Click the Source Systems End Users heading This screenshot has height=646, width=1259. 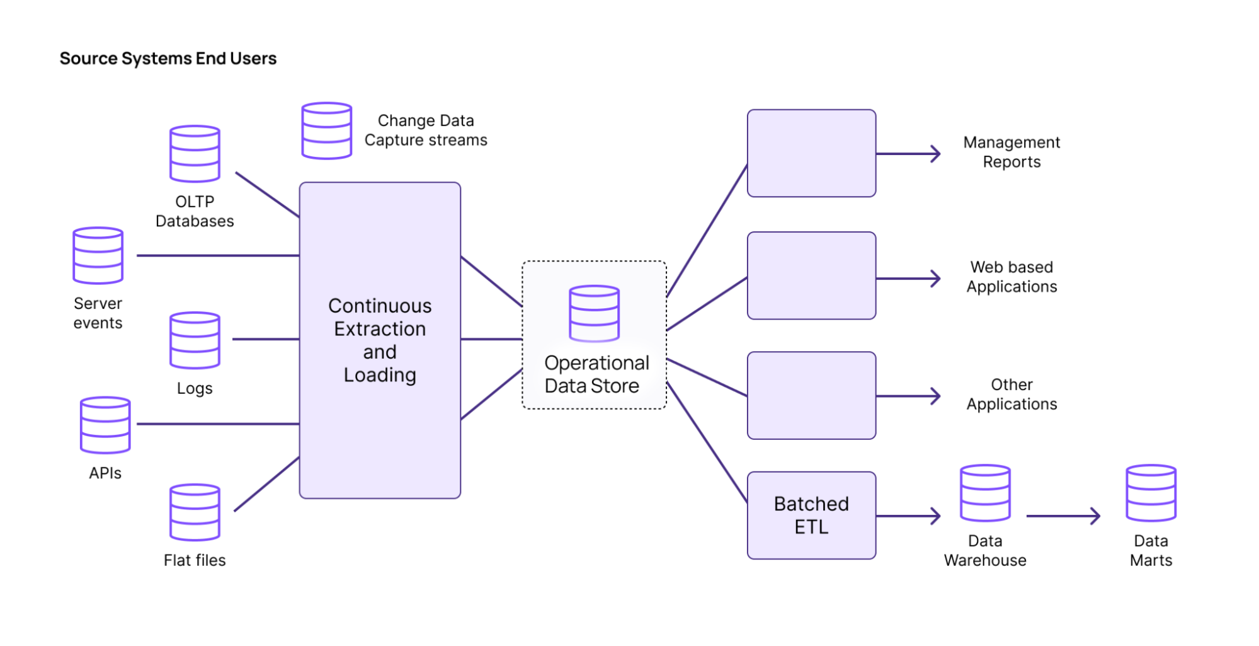[x=168, y=59]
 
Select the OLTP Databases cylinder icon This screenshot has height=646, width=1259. [x=195, y=154]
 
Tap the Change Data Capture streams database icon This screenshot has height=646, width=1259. [x=326, y=130]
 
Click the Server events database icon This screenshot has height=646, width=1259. [x=98, y=255]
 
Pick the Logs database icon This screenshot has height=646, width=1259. [x=195, y=340]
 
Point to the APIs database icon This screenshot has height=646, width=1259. [x=105, y=425]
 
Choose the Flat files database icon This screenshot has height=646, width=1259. [x=195, y=512]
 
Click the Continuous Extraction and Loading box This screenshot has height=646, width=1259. [x=380, y=340]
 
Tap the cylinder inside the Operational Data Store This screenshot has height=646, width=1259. [x=593, y=313]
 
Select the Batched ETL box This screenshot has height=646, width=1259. [x=811, y=515]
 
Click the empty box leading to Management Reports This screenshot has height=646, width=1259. [x=811, y=153]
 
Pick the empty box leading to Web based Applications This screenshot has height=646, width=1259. [x=811, y=275]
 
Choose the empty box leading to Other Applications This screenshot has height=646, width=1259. [x=811, y=395]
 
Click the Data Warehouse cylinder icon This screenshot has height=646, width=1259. [x=985, y=493]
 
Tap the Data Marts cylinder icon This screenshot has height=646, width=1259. [x=1151, y=493]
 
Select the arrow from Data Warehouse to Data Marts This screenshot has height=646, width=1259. [x=1063, y=516]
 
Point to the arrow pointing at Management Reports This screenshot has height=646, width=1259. [x=908, y=153]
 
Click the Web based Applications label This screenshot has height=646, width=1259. [x=1011, y=277]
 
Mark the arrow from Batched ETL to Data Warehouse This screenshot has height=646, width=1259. [x=908, y=516]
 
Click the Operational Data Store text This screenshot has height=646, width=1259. [x=595, y=374]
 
